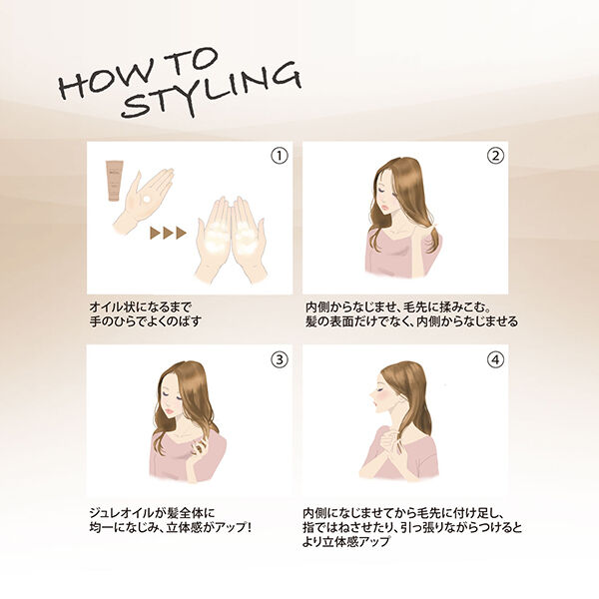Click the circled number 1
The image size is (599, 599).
pyautogui.click(x=280, y=156)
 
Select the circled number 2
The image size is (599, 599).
pyautogui.click(x=495, y=156)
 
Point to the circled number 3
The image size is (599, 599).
pyautogui.click(x=280, y=359)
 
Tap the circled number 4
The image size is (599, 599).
pyautogui.click(x=495, y=359)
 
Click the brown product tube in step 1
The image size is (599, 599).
pyautogui.click(x=115, y=181)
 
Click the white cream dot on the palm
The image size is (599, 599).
pyautogui.click(x=147, y=201)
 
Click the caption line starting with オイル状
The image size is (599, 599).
pyautogui.click(x=140, y=306)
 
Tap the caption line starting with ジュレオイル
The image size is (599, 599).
pyautogui.click(x=152, y=512)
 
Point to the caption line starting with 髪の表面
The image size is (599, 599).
pyautogui.click(x=411, y=321)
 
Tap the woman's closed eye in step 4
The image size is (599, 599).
pyautogui.click(x=380, y=390)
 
